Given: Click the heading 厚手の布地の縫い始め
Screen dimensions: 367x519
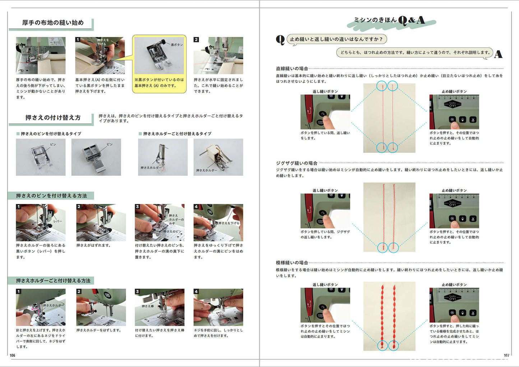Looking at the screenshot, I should (x=53, y=23).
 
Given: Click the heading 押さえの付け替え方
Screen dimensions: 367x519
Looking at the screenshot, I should (x=53, y=118).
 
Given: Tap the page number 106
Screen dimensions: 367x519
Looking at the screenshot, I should (x=13, y=356).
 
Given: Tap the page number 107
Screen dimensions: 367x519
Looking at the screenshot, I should (x=506, y=356).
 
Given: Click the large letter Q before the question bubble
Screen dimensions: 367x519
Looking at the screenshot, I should (x=280, y=40).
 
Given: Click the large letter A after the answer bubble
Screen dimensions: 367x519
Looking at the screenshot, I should (x=498, y=54).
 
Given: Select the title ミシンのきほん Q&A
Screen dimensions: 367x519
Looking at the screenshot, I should (x=389, y=20).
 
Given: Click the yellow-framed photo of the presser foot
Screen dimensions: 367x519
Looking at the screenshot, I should (x=159, y=56).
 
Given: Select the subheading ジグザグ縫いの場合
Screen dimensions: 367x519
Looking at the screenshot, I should (x=296, y=163).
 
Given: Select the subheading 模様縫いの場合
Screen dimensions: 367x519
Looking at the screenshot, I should (x=292, y=263).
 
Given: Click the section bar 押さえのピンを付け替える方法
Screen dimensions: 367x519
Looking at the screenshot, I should (x=51, y=196).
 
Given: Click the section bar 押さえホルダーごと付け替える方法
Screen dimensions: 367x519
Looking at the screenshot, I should (x=53, y=280).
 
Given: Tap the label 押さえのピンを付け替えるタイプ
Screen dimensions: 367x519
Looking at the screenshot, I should (x=51, y=134).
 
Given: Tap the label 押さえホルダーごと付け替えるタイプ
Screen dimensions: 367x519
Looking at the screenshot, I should (x=177, y=134).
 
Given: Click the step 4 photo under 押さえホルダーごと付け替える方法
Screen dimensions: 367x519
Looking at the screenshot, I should (x=218, y=307).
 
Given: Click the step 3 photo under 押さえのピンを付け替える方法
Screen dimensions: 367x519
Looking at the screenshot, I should (x=159, y=223).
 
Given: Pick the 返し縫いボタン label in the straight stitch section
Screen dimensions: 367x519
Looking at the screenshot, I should (x=325, y=92).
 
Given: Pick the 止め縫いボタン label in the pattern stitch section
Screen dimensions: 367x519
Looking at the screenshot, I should (x=454, y=285).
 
